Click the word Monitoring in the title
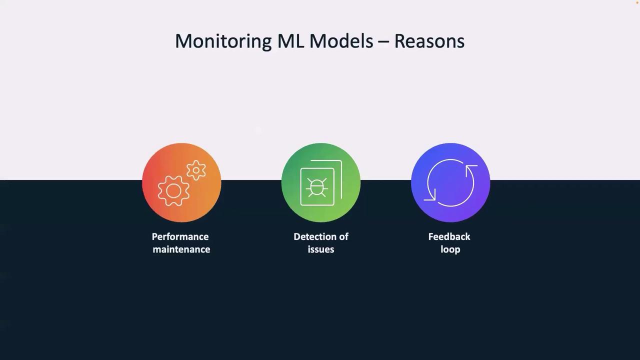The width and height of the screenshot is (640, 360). [x=223, y=41]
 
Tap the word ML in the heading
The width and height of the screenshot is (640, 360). [x=290, y=41]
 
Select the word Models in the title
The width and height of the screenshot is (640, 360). [x=341, y=41]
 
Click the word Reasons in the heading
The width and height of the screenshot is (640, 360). [x=429, y=41]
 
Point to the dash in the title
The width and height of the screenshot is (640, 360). [x=383, y=42]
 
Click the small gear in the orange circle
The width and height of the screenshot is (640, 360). [x=196, y=170]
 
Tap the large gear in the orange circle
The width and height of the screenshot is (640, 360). [x=173, y=191]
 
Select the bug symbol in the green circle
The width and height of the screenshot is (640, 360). [x=316, y=187]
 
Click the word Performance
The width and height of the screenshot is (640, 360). [x=180, y=237]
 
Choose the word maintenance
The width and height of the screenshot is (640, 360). [x=181, y=249]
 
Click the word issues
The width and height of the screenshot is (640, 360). [x=321, y=249]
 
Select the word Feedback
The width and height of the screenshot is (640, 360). [x=449, y=236]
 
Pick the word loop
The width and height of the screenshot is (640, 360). [x=450, y=249]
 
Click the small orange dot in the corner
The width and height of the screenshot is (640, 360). [x=637, y=2]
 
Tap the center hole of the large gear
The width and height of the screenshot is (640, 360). [x=173, y=191]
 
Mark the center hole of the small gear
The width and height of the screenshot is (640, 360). [x=196, y=170]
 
